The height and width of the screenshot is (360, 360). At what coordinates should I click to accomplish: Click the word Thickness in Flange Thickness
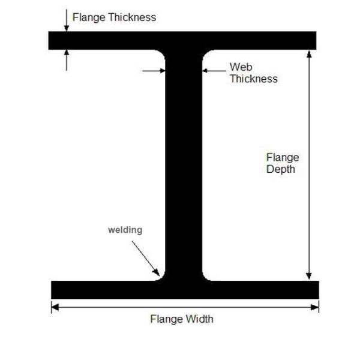pos(132,17)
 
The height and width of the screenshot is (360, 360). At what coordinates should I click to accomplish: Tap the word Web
pos(241,67)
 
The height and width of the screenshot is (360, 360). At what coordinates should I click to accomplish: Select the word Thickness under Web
pos(254,79)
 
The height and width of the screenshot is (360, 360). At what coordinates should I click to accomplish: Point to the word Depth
pos(281,169)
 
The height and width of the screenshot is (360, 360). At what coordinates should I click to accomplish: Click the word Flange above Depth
pos(283,158)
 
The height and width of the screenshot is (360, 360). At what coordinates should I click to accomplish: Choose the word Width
pos(200,319)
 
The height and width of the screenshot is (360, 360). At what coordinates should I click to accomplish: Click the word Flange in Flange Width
pos(167,319)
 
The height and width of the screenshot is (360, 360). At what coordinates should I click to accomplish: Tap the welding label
pos(125,230)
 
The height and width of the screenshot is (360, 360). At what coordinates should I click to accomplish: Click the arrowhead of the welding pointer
pos(157,272)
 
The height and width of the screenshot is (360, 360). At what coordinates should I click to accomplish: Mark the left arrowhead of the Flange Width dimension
pos(55,307)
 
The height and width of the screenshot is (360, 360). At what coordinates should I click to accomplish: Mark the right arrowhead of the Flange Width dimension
pos(315,307)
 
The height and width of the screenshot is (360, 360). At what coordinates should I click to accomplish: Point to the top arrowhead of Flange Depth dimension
pos(309,54)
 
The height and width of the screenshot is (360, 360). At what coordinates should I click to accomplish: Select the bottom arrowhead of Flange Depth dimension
pos(309,277)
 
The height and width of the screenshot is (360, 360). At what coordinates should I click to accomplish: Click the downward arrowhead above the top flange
pos(67,28)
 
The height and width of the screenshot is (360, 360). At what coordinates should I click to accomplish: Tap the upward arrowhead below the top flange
pos(67,53)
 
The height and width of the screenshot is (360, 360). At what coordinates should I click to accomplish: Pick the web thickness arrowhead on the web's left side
pos(163,71)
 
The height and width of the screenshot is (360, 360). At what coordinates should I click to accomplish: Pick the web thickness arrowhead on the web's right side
pos(205,71)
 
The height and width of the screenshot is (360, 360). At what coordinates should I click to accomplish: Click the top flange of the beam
pos(182,41)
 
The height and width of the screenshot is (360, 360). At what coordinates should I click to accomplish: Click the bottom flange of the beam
pos(185,290)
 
